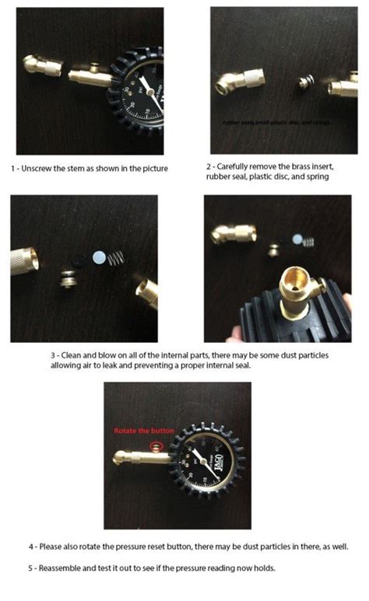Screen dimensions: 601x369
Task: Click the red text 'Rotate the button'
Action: pos(137,430)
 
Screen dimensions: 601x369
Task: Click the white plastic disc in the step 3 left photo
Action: pos(99,257)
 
